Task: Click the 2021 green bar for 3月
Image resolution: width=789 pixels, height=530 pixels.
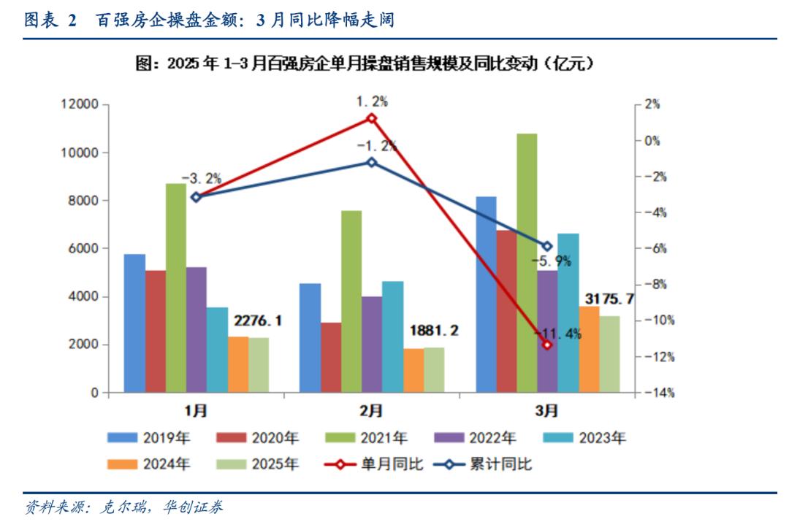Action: pos(527,263)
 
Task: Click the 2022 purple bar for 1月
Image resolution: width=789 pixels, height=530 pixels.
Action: pos(196,329)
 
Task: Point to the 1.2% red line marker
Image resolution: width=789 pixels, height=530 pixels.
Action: pos(371,118)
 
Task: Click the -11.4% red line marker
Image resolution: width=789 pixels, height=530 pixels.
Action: pos(546,344)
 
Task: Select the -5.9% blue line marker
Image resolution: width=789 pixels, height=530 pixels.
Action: pos(546,246)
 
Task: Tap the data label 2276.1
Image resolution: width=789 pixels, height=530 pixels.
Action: pos(257,321)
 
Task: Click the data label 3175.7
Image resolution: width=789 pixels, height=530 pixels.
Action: pos(609,299)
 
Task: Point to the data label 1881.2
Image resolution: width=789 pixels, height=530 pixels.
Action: pos(434,331)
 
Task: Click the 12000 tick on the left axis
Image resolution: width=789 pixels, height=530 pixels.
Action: pos(78,104)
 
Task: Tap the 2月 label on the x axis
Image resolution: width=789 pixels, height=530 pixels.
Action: pos(371,411)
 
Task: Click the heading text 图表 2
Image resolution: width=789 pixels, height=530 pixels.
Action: pos(51,20)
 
